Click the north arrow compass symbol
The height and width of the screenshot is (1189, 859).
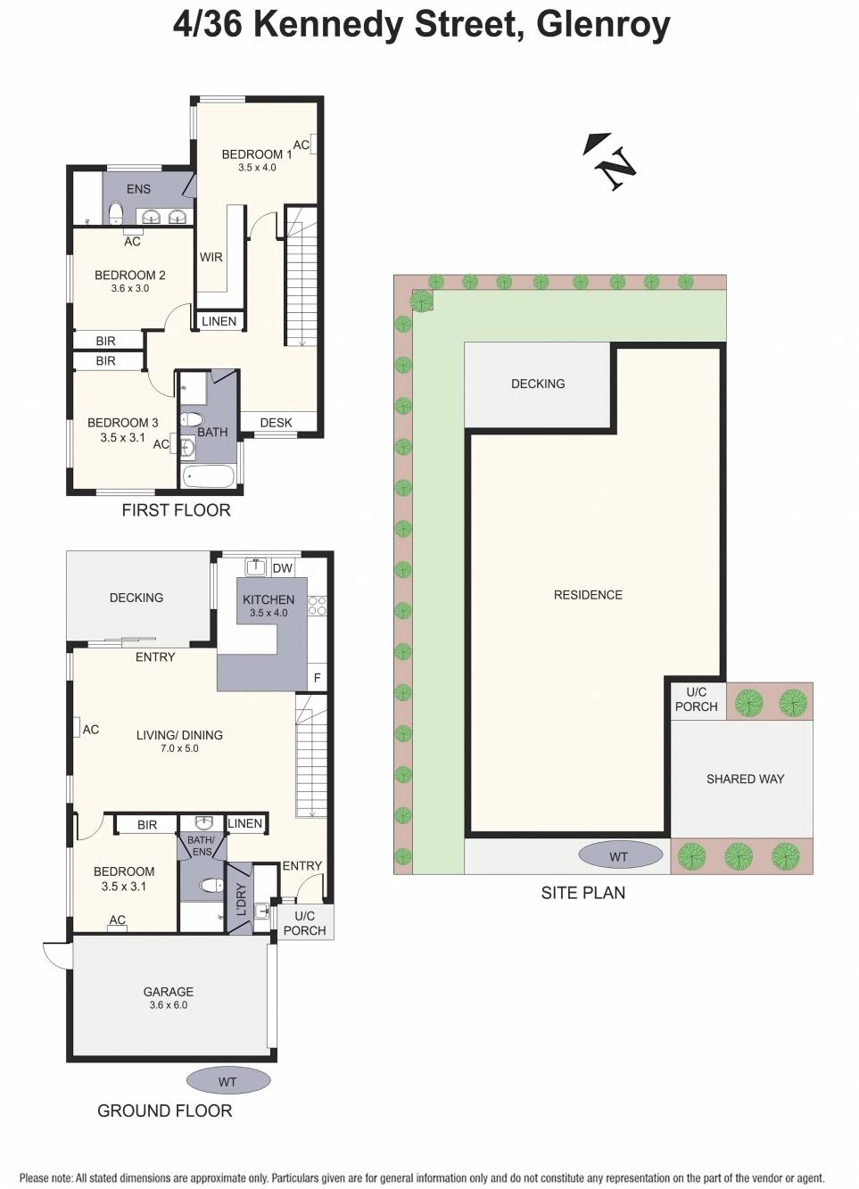611,161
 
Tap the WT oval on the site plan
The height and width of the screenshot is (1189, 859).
619,856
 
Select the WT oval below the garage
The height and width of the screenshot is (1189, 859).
227,1081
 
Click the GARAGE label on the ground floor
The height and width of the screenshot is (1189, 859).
168,992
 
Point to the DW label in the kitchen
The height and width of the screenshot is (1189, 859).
282,568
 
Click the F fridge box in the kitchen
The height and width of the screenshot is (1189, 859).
317,678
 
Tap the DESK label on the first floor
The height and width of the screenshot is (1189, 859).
276,423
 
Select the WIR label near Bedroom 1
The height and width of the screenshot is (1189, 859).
211,257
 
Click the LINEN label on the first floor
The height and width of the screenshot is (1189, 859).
219,321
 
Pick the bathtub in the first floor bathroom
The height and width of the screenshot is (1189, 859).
210,476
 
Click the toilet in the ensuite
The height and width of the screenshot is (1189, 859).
115,212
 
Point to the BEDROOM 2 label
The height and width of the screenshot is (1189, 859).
130,276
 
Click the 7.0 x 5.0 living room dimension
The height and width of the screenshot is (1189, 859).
179,748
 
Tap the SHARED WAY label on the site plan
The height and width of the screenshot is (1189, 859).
745,779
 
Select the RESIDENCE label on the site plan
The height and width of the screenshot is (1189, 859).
588,595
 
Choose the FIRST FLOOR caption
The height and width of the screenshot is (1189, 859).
176,510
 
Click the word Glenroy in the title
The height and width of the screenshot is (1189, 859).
603,24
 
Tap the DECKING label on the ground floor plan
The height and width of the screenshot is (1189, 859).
136,598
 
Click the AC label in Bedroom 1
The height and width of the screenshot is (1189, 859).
301,144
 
